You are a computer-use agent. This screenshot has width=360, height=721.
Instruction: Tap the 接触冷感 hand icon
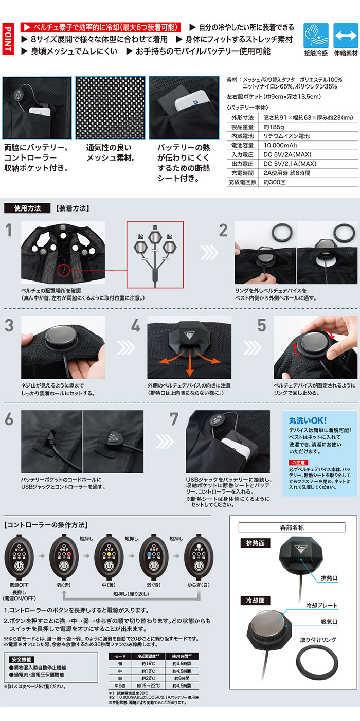tap(314, 34)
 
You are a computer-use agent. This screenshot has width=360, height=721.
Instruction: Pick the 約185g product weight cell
tap(274, 127)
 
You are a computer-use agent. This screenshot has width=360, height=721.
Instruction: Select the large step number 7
tap(175, 419)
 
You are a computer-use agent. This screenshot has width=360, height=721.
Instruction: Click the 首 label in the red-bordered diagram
tap(154, 227)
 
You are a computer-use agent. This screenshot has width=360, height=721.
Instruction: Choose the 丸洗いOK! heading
tap(308, 420)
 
